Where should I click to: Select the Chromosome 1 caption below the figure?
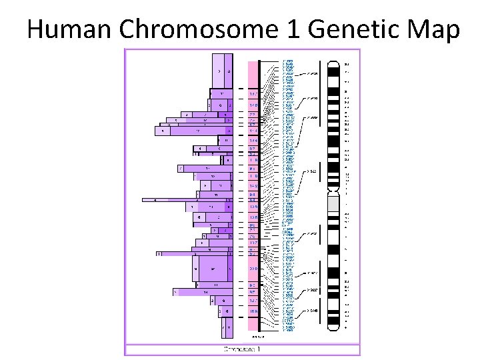[242, 349]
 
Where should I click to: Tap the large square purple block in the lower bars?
[213, 268]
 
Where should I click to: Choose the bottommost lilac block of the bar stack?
[226, 327]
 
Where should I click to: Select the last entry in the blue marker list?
[288, 329]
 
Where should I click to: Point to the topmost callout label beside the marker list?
[313, 73]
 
